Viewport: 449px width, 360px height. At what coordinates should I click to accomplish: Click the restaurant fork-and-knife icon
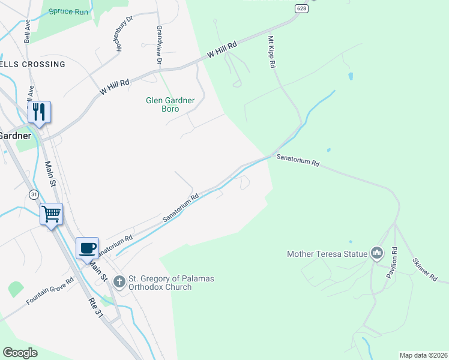[x=40, y=112]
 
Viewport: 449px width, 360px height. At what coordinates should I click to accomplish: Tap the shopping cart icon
[x=51, y=214]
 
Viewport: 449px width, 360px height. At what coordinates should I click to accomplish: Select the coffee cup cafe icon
[x=88, y=247]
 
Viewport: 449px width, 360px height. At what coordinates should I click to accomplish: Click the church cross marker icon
[x=119, y=281]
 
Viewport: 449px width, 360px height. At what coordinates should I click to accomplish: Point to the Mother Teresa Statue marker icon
[x=377, y=254]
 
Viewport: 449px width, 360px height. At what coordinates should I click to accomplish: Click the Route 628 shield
[x=301, y=8]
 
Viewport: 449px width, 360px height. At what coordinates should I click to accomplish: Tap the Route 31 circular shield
[x=34, y=194]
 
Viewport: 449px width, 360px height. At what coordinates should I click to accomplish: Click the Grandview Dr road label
[x=159, y=45]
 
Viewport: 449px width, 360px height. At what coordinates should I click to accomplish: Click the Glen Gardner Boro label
[x=170, y=104]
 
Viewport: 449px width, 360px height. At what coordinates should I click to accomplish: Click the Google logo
[x=20, y=353]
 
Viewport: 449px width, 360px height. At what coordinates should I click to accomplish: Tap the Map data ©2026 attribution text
[x=423, y=355]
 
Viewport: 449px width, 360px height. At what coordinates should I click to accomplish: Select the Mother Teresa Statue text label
[x=327, y=254]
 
